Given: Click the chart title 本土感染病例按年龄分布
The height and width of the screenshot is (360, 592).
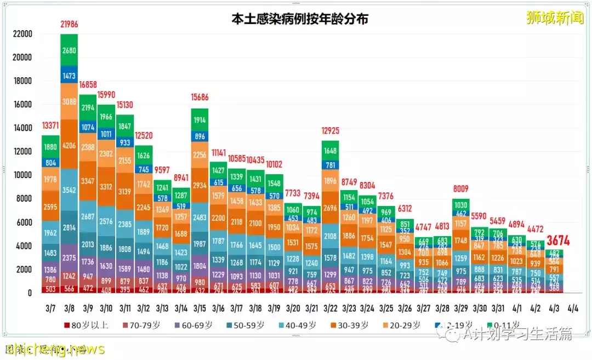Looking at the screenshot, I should pos(299,19).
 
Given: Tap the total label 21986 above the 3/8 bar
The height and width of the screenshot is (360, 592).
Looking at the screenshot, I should pos(70,24).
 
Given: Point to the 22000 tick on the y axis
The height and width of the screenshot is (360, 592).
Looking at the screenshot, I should pos(22,34).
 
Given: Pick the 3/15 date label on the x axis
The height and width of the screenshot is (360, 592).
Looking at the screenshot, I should pos(200,309).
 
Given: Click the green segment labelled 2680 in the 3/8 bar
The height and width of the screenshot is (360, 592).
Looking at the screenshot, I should pos(70,50).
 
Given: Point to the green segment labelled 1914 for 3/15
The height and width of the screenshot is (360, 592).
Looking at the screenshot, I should pos(200,120).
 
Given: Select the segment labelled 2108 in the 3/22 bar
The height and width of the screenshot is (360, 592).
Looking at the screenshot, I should pos(331,237).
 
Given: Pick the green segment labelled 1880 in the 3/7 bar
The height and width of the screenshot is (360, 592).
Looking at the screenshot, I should pos(51,146).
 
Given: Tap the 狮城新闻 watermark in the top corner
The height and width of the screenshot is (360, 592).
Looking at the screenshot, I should pos(555,18).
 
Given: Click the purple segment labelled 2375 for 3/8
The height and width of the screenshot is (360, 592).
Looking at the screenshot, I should pos(70,258).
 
